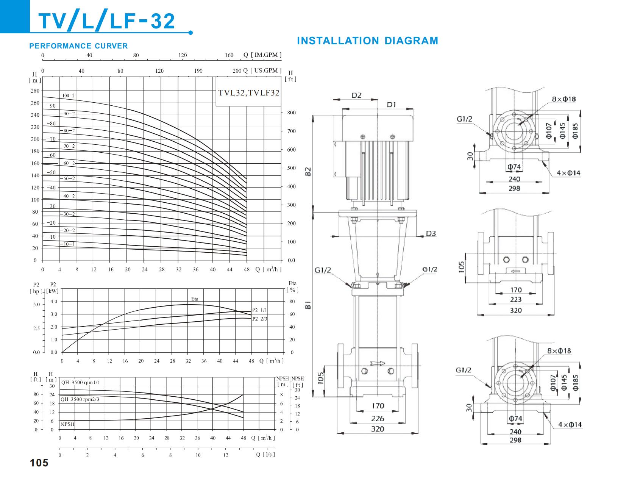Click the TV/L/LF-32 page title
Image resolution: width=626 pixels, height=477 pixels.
107,21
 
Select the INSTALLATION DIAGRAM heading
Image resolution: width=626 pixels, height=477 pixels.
367,41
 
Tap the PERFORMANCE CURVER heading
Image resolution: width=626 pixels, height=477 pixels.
78,46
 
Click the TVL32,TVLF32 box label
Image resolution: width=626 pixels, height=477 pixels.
249,92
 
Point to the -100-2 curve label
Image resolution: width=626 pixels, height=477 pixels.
67,96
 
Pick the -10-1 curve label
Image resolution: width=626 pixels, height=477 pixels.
67,244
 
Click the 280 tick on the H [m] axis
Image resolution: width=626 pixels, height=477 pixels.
35,91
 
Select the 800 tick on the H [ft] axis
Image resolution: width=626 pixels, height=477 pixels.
291,113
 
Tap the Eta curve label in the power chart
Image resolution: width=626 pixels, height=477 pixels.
194,299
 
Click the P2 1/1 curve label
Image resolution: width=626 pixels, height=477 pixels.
259,310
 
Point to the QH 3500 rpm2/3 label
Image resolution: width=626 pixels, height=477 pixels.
80,399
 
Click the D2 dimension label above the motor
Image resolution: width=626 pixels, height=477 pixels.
356,95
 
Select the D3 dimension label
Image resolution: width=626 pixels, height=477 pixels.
431,233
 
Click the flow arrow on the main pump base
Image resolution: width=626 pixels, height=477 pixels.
377,363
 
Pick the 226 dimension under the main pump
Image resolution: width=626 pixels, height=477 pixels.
377,418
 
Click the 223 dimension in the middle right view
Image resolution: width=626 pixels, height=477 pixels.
515,299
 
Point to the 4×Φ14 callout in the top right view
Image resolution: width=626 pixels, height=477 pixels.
568,173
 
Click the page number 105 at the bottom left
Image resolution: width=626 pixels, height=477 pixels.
39,463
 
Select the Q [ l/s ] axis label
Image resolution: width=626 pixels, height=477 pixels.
265,455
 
